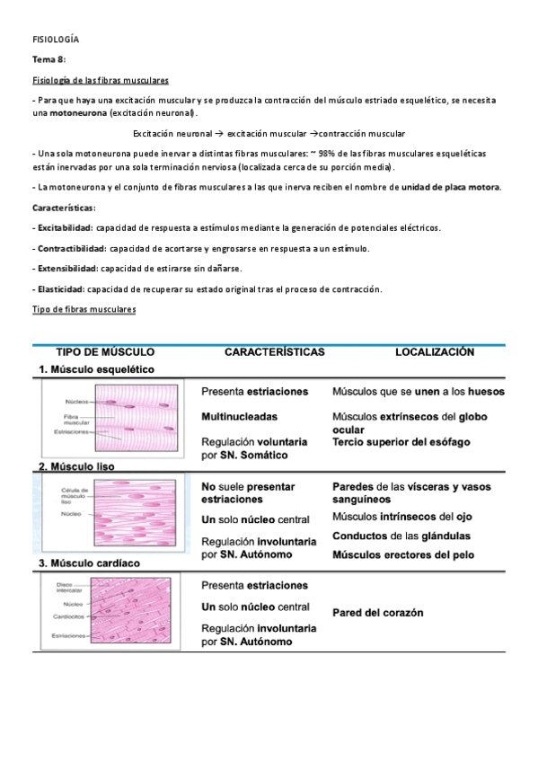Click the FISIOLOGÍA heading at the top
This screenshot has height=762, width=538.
(x=56, y=40)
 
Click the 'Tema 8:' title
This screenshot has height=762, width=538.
(x=49, y=60)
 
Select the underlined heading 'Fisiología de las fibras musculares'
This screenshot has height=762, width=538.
(x=101, y=80)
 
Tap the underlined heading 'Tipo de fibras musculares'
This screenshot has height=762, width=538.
(x=84, y=309)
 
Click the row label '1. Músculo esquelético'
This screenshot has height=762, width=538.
(x=96, y=369)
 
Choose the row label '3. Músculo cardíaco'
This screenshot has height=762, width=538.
(x=90, y=563)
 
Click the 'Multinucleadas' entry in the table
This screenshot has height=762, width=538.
(x=240, y=417)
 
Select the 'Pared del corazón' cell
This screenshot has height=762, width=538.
(x=377, y=613)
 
